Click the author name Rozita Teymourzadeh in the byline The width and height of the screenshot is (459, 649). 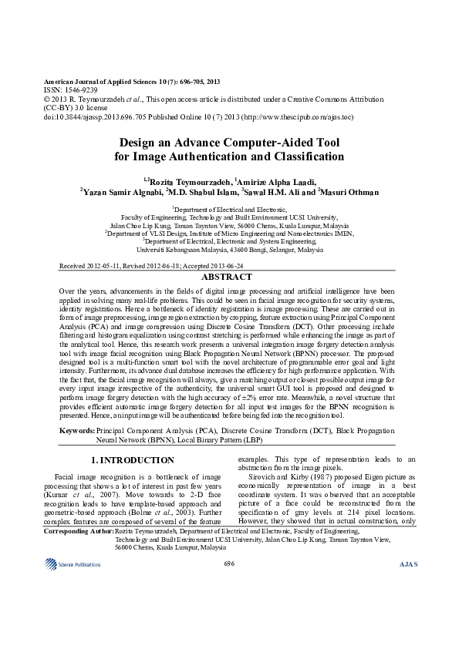click(x=193, y=180)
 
